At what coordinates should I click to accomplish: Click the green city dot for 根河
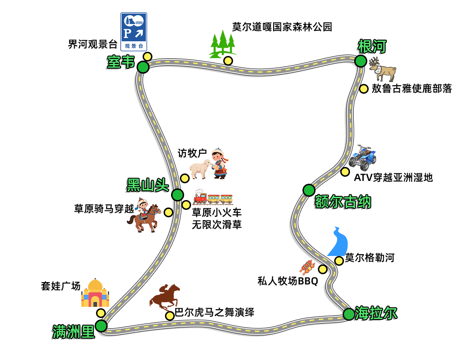(360, 61)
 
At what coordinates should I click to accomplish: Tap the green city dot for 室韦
(143, 67)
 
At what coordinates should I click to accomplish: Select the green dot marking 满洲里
(101, 326)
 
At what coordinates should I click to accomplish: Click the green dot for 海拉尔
(349, 314)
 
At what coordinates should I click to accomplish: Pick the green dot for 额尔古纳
(309, 190)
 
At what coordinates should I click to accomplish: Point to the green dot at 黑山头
(178, 195)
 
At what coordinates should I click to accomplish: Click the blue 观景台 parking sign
(134, 31)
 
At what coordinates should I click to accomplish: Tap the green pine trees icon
(223, 44)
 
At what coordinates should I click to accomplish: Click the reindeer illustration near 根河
(383, 69)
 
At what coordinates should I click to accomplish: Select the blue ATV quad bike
(363, 158)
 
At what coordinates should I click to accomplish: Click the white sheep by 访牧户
(200, 169)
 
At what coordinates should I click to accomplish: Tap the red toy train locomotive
(200, 198)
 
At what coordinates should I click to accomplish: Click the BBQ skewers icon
(308, 267)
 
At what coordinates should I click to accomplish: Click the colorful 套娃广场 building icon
(95, 293)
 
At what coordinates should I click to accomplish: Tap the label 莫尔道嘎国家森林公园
(282, 27)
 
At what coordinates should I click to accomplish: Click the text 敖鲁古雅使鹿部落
(412, 88)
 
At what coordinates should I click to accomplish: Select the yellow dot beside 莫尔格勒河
(339, 261)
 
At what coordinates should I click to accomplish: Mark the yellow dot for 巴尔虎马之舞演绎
(170, 316)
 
